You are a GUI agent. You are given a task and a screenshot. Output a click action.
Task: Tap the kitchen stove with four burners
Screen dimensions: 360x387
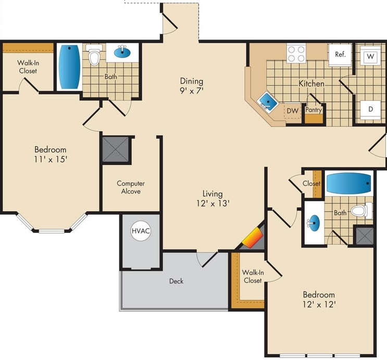[x=296, y=54]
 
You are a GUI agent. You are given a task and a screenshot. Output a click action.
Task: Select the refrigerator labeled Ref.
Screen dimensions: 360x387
[x=341, y=55]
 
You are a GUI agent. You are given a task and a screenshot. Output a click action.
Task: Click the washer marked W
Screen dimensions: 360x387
[x=370, y=56]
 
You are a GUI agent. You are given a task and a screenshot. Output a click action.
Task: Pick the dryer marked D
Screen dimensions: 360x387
[x=370, y=109]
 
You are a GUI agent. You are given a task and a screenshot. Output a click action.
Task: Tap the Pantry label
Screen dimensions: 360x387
[x=314, y=110]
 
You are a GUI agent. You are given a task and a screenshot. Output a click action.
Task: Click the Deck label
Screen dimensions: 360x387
[x=176, y=281]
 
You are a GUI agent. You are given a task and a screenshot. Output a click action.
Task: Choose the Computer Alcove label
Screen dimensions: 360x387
[x=131, y=187]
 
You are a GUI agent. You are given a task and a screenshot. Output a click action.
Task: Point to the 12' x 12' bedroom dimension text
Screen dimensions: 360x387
[x=318, y=304]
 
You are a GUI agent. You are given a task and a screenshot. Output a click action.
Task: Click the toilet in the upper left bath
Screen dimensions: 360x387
[x=94, y=56]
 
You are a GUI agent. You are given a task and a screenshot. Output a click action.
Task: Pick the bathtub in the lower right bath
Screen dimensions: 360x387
[x=349, y=184]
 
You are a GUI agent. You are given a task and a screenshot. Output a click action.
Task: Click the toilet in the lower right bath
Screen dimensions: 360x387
[x=360, y=211]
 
